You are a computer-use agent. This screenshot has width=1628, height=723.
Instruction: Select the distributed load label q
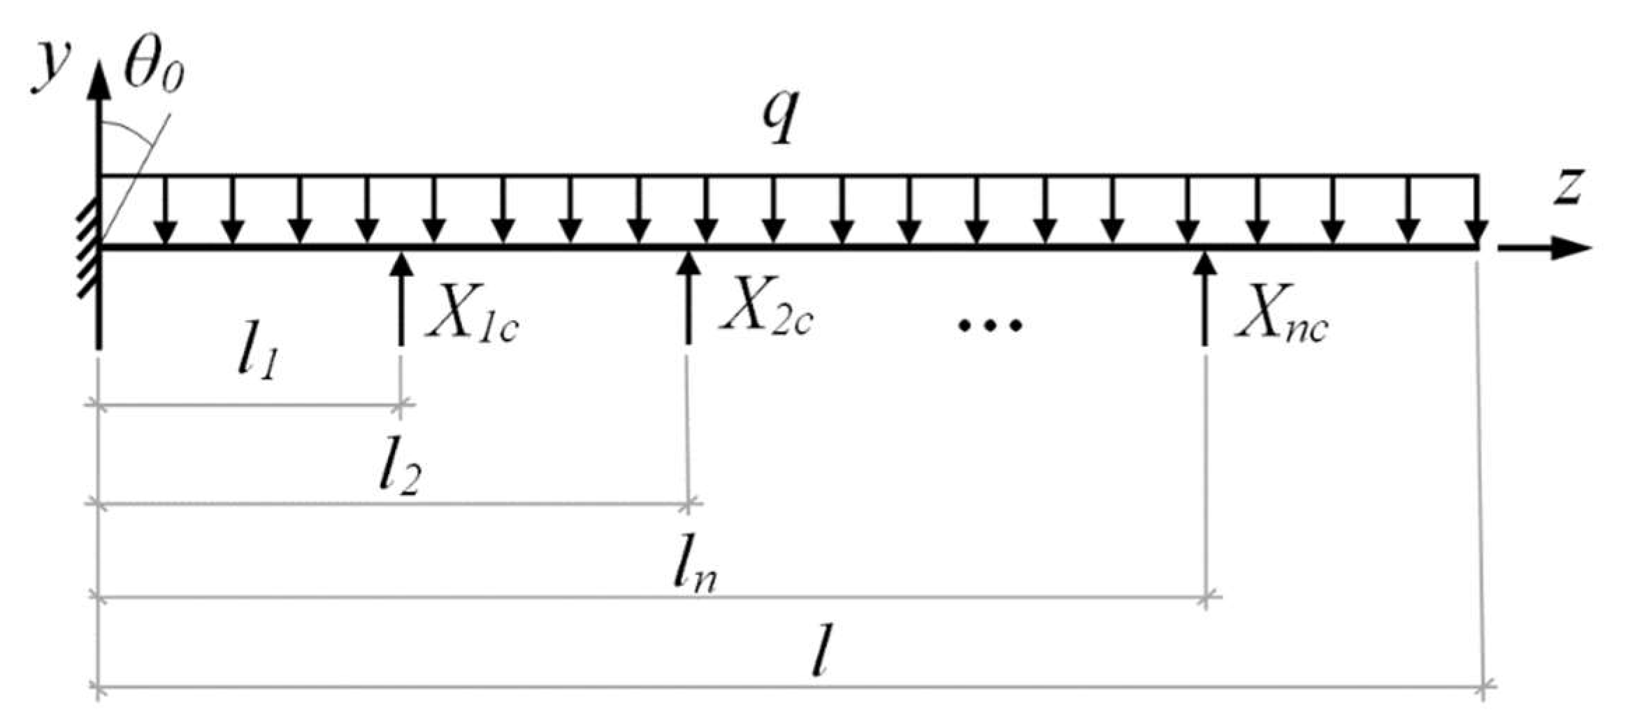click(779, 117)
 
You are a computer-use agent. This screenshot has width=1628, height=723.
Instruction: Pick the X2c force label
click(767, 313)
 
